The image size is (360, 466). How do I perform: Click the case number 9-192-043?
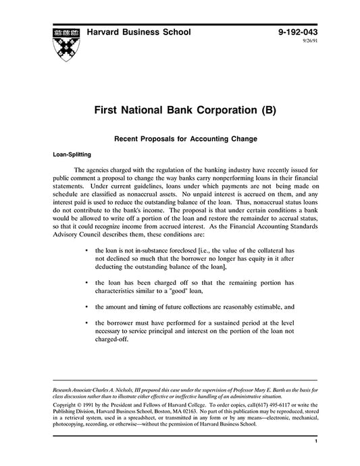[x=296, y=32]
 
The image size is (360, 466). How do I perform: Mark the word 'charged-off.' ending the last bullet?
[x=112, y=340]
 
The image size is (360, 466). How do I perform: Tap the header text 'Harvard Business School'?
[x=138, y=32]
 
